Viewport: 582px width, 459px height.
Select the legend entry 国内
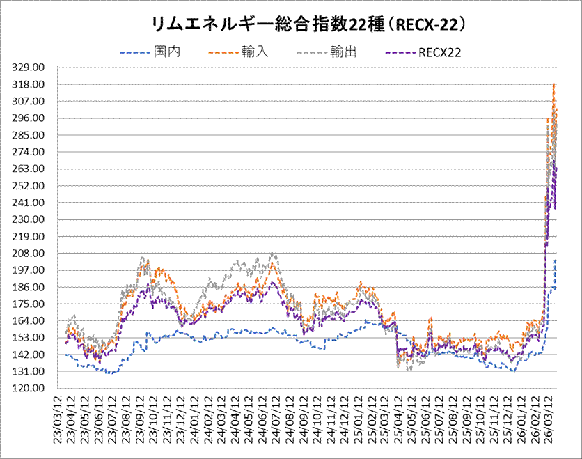point(166,52)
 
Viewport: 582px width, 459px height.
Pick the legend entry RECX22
point(439,52)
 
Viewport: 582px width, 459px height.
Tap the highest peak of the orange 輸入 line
point(553,84)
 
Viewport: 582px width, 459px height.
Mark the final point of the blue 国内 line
point(556,261)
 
